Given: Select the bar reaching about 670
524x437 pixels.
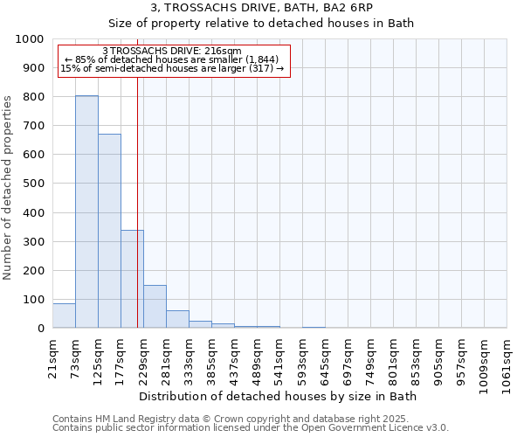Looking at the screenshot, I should click(109, 231).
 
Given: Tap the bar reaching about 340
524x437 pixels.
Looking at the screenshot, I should click(132, 279).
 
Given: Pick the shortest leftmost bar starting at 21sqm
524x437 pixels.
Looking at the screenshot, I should click(64, 316).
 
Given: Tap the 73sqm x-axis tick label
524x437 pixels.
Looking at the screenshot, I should click(75, 356).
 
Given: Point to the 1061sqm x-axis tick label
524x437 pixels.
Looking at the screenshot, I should click(507, 361).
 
